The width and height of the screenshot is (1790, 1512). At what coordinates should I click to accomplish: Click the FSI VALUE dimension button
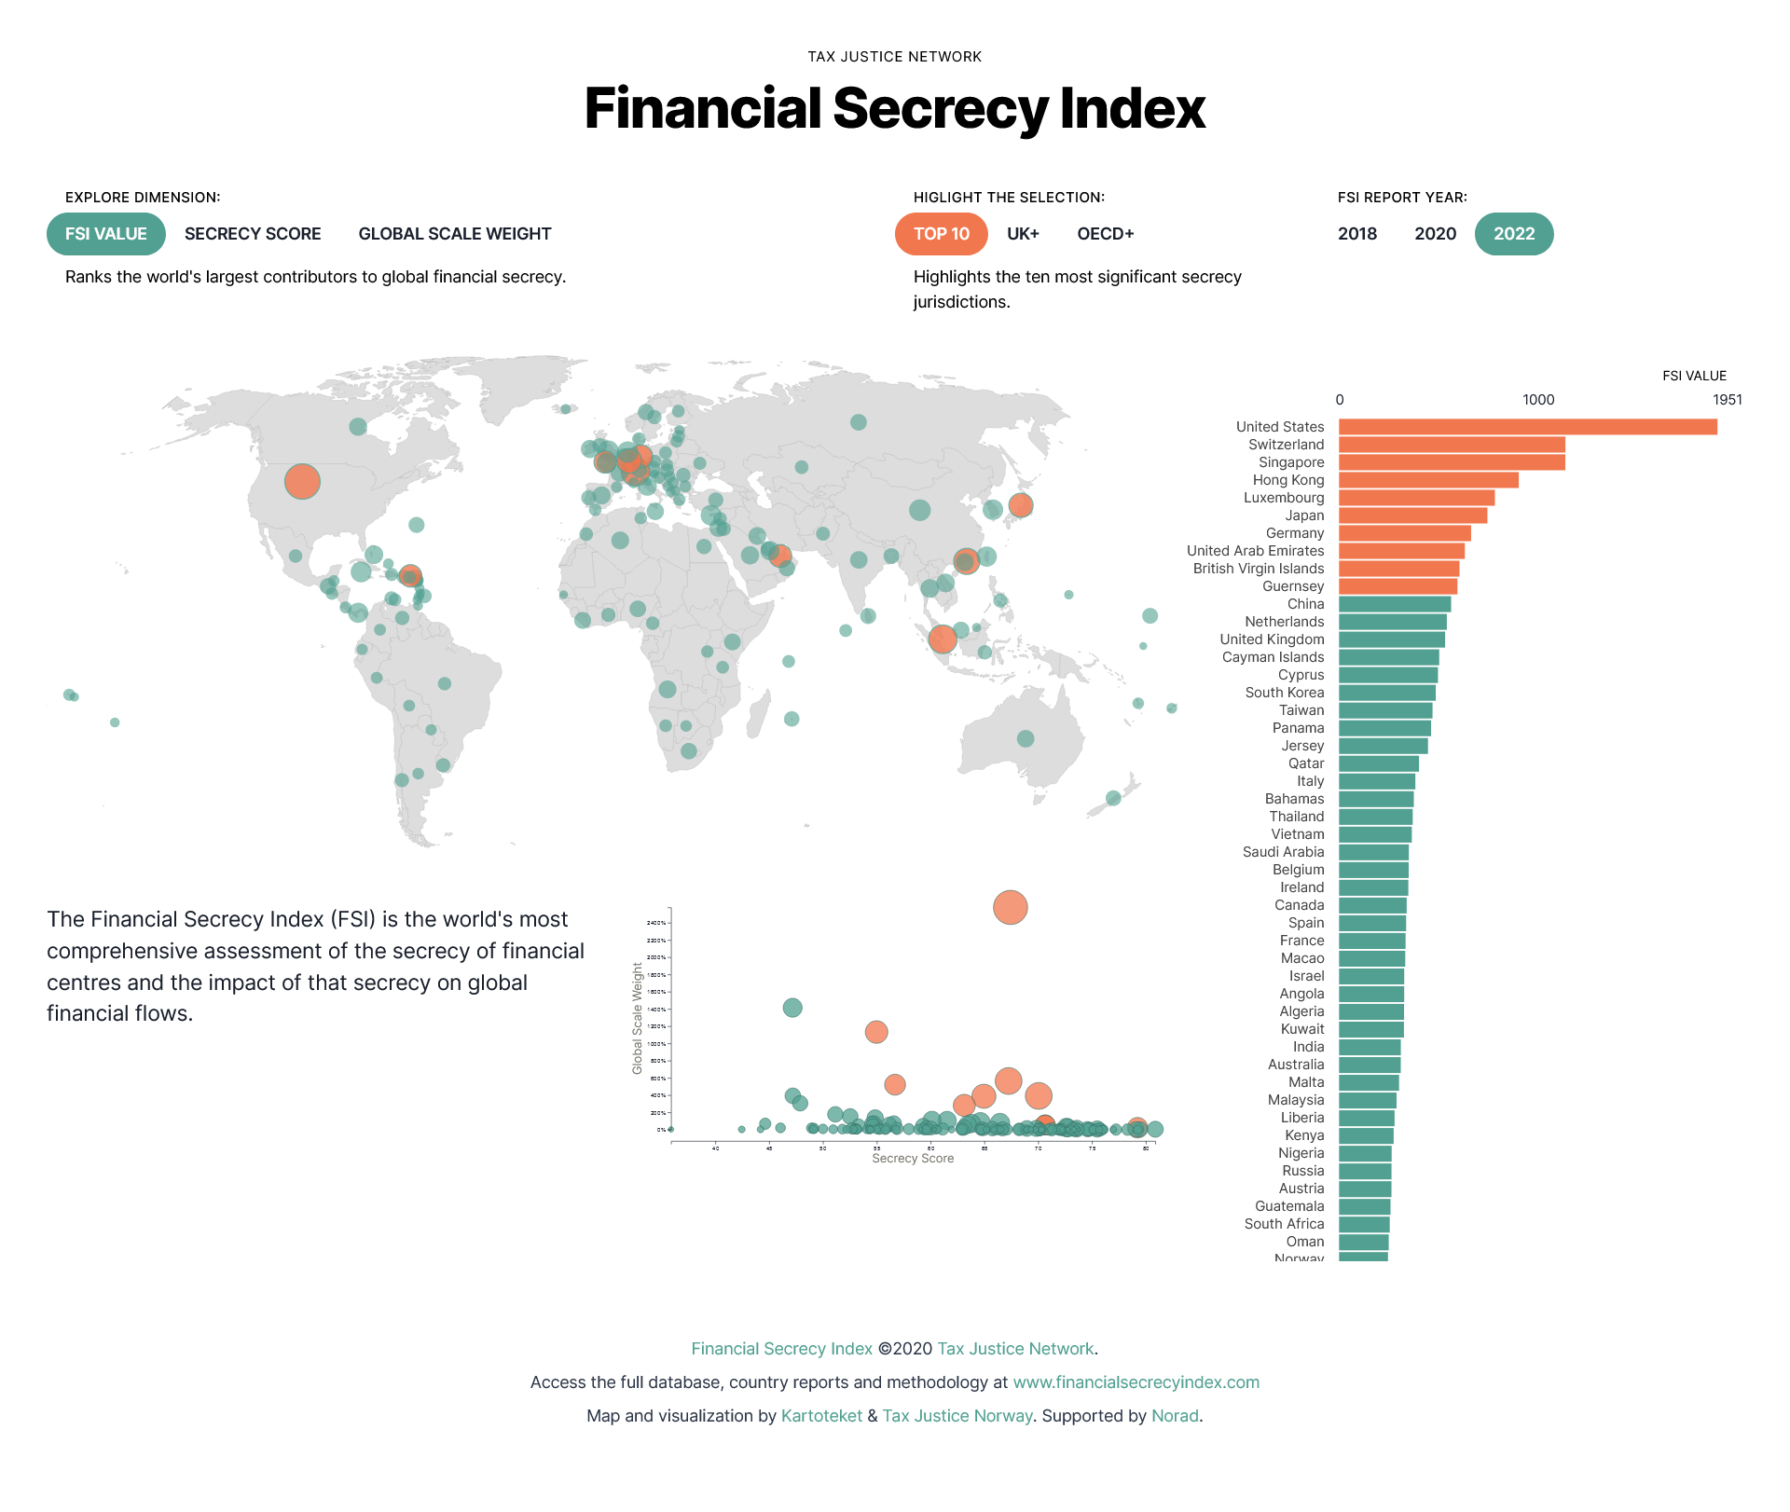point(105,234)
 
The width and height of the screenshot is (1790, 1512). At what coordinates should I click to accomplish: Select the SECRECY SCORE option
point(253,234)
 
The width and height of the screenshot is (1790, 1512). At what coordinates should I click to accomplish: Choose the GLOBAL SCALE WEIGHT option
point(455,234)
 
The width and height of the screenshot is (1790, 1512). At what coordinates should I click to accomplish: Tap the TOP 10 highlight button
point(941,234)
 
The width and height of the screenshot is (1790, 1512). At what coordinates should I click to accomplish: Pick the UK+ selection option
point(1023,234)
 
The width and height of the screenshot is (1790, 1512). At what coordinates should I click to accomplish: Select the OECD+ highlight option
point(1105,234)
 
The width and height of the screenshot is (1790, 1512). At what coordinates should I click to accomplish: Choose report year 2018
point(1356,234)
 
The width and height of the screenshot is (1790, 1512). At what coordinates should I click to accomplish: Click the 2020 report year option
point(1435,234)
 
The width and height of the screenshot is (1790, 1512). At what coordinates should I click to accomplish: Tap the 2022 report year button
point(1513,234)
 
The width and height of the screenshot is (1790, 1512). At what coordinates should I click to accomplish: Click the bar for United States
point(1527,427)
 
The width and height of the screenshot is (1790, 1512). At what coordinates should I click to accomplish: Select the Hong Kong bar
point(1428,480)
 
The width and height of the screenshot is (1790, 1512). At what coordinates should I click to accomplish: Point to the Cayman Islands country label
point(1273,657)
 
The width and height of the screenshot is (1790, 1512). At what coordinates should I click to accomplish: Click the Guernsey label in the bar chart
point(1293,586)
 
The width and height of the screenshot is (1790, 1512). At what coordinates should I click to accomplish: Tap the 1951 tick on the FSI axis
point(1727,400)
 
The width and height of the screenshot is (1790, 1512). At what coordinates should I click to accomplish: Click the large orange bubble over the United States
point(302,482)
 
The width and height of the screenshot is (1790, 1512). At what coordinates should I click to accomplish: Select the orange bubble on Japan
point(1021,505)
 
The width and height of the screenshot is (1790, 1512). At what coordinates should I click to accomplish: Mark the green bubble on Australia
point(1026,738)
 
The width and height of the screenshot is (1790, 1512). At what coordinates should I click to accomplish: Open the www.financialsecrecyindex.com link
point(1136,1382)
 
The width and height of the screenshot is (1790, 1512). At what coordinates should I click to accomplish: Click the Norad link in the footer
point(1175,1416)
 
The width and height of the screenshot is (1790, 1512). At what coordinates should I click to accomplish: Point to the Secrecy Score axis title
point(913,1159)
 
